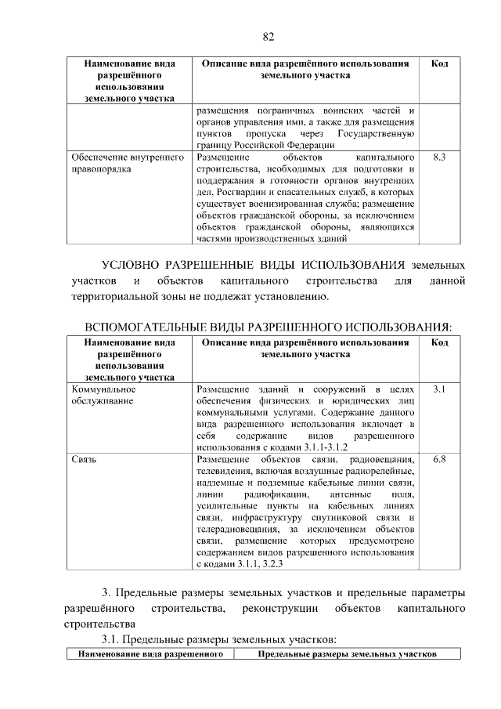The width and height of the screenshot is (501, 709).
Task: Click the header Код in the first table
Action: tap(439, 63)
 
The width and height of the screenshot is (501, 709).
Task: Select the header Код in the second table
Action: tap(439, 342)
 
